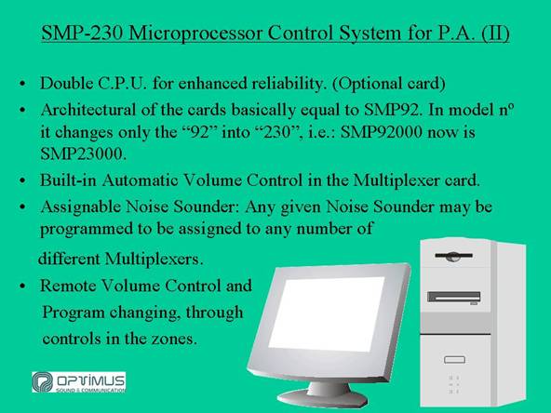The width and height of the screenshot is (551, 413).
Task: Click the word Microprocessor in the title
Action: pyautogui.click(x=195, y=33)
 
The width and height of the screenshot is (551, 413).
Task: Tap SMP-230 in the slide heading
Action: pyautogui.click(x=82, y=33)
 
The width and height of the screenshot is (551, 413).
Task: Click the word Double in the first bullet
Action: pyautogui.click(x=66, y=83)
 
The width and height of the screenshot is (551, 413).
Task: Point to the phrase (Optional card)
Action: pyautogui.click(x=389, y=84)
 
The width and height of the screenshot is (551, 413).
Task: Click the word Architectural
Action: pyautogui.click(x=88, y=110)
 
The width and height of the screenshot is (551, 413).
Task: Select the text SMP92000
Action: pyautogui.click(x=382, y=132)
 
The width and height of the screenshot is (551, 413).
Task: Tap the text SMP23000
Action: pyautogui.click(x=83, y=153)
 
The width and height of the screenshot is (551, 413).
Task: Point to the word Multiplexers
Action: pyautogui.click(x=154, y=260)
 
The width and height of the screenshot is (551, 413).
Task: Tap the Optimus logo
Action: pyautogui.click(x=79, y=382)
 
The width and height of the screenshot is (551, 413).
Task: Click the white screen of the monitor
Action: pyautogui.click(x=326, y=314)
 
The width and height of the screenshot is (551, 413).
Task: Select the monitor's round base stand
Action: pyautogui.click(x=323, y=396)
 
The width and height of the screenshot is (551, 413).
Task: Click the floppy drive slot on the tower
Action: pyautogui.click(x=453, y=256)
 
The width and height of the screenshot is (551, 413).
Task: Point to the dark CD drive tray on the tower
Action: pyautogui.click(x=453, y=297)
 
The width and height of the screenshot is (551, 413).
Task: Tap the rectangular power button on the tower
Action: pyautogui.click(x=454, y=360)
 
